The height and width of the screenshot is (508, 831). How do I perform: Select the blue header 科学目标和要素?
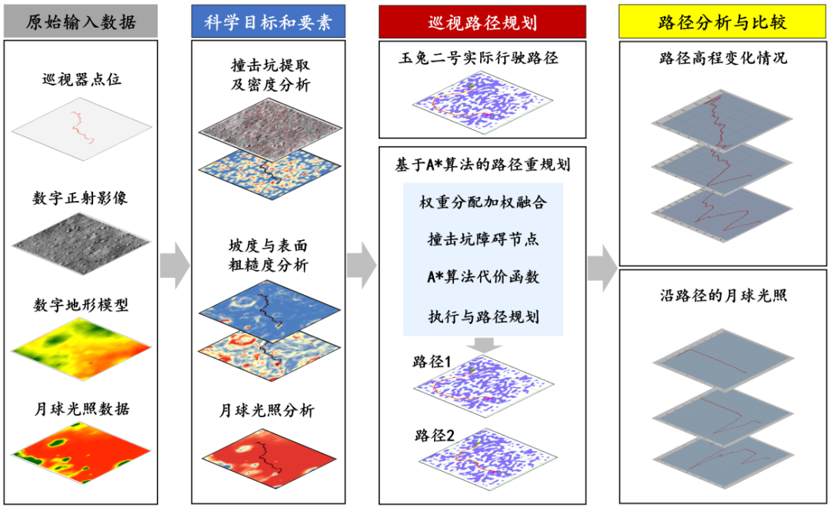(268, 22)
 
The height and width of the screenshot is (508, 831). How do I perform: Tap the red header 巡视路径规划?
(482, 22)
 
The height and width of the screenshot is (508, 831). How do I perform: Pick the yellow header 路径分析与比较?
(723, 22)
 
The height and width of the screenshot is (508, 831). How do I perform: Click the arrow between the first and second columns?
(175, 266)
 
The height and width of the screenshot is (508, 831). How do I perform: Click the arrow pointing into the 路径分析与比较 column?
(602, 266)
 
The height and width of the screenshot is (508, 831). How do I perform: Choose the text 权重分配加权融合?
(482, 202)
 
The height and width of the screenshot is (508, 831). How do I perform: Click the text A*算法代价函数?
(483, 276)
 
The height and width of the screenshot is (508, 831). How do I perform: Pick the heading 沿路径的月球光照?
(723, 296)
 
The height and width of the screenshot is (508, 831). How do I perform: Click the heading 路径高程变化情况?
(723, 58)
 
